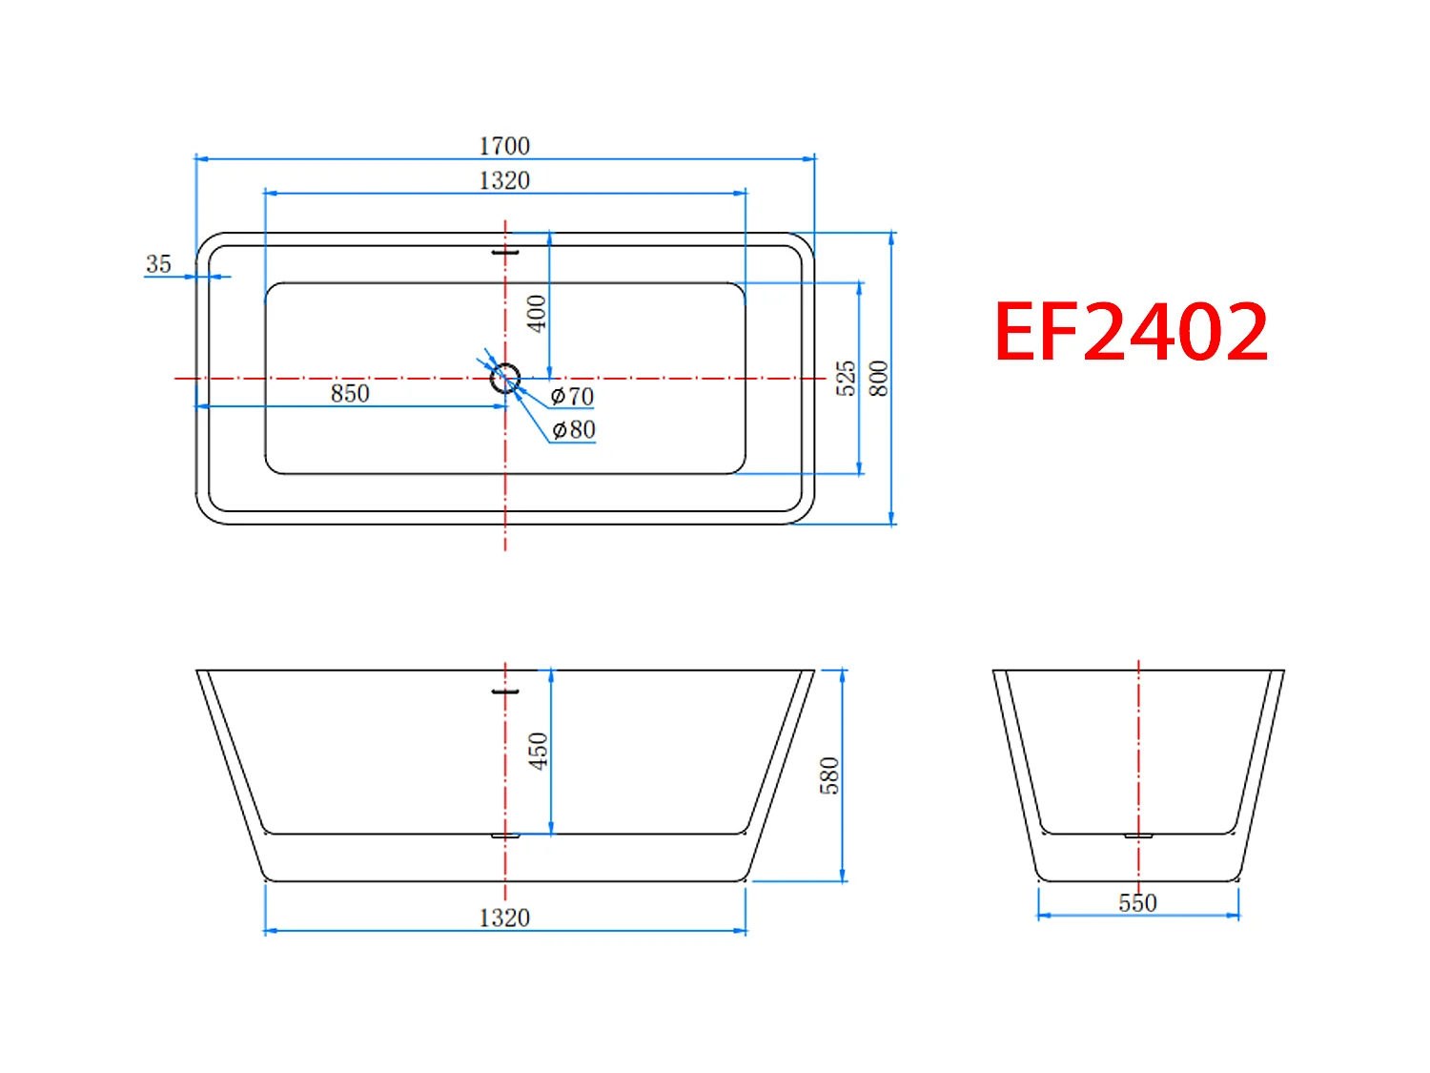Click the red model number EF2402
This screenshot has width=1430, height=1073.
tap(1131, 332)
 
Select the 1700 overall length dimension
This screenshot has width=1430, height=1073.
tap(504, 146)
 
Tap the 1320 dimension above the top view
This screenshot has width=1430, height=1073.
tap(504, 180)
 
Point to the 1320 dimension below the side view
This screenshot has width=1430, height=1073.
tap(504, 918)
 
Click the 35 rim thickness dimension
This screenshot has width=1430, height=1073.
tap(158, 264)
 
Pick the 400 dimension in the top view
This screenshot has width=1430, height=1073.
tap(537, 313)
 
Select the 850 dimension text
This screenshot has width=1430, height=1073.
tap(350, 393)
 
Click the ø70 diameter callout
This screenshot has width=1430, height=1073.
tap(572, 396)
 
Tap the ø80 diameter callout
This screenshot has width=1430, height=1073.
tap(574, 430)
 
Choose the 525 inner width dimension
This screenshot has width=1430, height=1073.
tap(846, 378)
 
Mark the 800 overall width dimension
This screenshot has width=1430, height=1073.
tap(879, 378)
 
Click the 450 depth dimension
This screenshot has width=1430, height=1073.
tap(539, 752)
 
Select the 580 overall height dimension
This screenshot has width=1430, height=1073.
tap(829, 775)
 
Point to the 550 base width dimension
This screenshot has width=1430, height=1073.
tap(1137, 902)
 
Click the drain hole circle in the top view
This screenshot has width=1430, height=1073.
tap(505, 379)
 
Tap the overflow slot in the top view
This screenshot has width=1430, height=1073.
tap(505, 253)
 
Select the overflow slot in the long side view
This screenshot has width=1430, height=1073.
tap(505, 691)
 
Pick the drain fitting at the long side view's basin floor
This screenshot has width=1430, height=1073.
tap(505, 836)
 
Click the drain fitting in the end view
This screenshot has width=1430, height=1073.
tap(1138, 836)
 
